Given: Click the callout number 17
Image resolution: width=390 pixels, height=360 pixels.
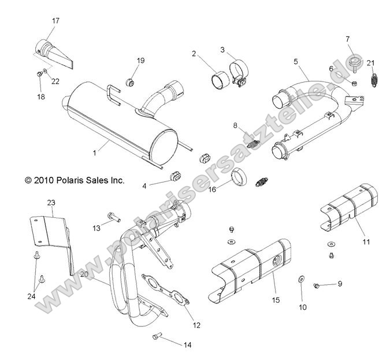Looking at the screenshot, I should click(55, 21).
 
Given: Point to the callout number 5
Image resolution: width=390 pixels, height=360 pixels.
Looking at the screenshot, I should click(296, 61).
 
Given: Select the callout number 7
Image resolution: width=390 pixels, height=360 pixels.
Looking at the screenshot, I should click(347, 39).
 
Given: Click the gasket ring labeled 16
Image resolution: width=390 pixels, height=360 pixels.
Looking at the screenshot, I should click(240, 175).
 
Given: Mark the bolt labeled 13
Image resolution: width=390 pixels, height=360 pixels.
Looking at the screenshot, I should click(113, 217).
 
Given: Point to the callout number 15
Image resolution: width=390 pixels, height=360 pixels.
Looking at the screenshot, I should click(275, 299).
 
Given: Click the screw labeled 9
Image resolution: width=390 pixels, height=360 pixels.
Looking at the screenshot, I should click(317, 285).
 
